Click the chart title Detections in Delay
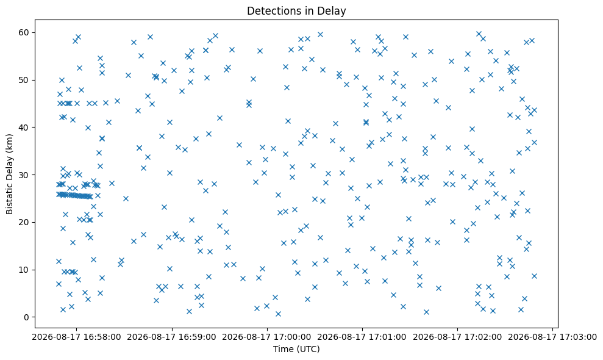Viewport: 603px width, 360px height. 296,11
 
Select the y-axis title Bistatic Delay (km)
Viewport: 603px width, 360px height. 9,174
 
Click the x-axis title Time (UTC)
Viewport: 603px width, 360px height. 296,349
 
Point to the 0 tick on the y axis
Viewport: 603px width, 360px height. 27,317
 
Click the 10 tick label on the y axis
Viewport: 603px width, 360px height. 24,270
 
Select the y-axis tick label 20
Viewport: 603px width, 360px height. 24,223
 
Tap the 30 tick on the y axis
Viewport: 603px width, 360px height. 24,175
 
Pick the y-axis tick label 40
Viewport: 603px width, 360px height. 24,128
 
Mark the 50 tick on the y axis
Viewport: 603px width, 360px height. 24,80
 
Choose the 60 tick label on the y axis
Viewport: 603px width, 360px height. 24,33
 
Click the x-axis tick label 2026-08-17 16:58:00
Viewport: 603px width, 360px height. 76,337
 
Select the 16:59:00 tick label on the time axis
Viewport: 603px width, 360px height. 171,337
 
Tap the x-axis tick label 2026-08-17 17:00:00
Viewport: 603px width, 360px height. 267,337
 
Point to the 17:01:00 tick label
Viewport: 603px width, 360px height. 362,337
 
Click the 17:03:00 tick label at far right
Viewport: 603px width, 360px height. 552,337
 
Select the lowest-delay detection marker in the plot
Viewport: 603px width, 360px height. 278,314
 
